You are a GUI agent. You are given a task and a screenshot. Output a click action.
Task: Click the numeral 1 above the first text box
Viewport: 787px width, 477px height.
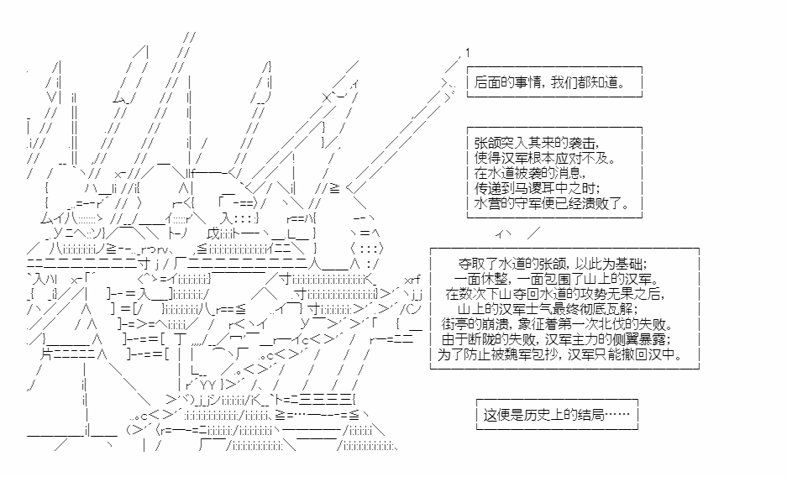[x=468, y=53]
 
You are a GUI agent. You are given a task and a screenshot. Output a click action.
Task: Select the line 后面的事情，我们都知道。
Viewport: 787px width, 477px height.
[x=550, y=82]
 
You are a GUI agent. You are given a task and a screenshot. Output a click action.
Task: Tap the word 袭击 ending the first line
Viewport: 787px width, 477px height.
[x=585, y=143]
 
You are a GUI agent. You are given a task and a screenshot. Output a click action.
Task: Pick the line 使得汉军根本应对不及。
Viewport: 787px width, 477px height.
[x=546, y=158]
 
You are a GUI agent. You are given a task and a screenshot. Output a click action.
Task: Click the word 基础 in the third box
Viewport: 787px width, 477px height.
[x=628, y=264]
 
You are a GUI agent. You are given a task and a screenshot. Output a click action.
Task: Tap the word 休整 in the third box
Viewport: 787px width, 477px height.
[x=493, y=279]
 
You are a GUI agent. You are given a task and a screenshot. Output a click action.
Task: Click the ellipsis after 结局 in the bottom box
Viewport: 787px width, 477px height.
[x=616, y=415]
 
